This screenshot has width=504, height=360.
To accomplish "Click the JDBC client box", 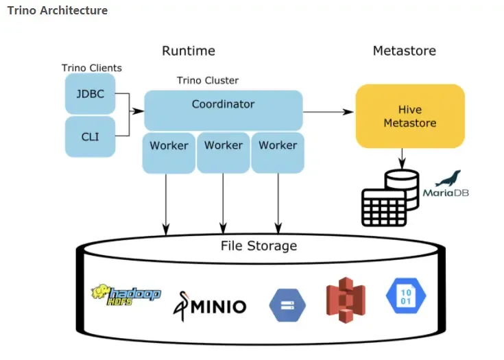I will [90, 93].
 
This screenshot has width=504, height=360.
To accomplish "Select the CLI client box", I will [90, 136].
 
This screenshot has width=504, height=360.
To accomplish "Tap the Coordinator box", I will [223, 110].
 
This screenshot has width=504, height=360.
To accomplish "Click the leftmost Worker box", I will [169, 152].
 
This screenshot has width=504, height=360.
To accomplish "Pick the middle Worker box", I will [223, 152].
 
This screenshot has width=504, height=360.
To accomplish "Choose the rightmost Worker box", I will [278, 152].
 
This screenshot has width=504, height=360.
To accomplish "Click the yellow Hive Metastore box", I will [410, 116].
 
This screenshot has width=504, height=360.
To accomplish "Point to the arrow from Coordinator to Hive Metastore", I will [328, 112].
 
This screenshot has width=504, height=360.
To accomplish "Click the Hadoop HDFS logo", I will [126, 294].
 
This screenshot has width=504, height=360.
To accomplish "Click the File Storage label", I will [259, 245].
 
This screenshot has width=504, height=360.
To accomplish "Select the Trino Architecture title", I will [57, 11].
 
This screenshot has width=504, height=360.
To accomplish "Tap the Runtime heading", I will [189, 51].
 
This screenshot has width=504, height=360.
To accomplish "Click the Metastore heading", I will [404, 51].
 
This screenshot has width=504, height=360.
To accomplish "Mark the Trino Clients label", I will [92, 68].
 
